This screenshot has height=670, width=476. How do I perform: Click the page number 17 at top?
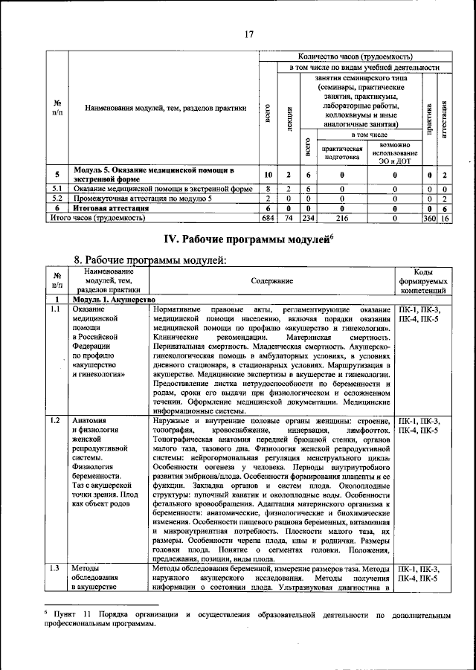pos(249,33)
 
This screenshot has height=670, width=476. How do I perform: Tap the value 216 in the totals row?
pos(342,219)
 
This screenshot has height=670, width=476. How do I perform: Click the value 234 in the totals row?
pos(308,219)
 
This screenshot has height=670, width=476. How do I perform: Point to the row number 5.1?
pos(57,189)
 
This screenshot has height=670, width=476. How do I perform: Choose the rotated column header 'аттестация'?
pos(444,117)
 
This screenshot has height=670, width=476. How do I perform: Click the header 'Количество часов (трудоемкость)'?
pos(356,57)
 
